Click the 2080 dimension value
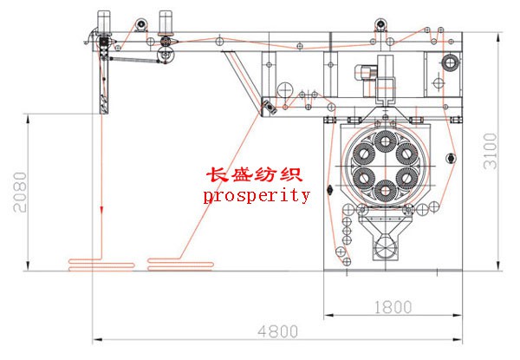20,192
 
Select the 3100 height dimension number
491,151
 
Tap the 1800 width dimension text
393,307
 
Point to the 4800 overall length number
277,331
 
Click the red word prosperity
257,195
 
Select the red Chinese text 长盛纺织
254,174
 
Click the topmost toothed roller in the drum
385,141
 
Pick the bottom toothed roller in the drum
385,191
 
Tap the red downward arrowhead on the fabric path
101,210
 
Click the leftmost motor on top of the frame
104,22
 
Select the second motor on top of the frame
166,23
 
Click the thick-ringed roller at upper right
450,62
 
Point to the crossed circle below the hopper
385,247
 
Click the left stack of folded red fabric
101,265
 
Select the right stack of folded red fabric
180,265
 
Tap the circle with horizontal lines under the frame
284,89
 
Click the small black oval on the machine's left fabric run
329,190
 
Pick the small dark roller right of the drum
451,158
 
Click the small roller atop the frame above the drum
380,24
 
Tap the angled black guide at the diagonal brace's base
270,108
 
